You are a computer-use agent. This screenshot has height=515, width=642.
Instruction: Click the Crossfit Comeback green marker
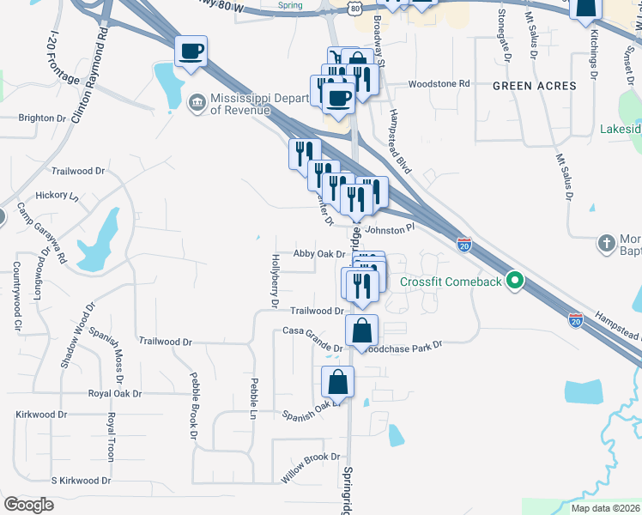(x=515, y=281)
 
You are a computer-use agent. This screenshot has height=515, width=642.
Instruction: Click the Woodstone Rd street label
(x=439, y=84)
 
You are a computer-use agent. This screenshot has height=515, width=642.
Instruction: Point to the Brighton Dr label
(x=42, y=118)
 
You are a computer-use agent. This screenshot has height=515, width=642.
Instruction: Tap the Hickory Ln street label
(x=57, y=196)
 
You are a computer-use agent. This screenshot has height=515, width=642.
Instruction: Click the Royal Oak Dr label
(x=115, y=393)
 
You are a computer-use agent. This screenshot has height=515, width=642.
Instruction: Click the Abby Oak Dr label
(x=318, y=254)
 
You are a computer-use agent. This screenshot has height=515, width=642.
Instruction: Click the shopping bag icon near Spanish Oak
(x=338, y=383)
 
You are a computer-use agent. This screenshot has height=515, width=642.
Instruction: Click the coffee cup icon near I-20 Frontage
(x=190, y=51)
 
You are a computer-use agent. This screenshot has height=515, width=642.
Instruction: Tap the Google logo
(x=28, y=505)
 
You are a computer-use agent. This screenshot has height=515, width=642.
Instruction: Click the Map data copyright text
(x=605, y=508)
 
